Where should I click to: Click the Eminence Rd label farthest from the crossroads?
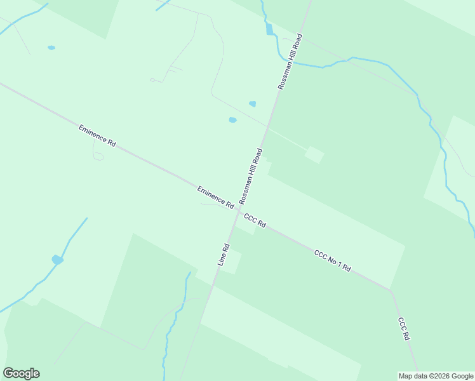click(97, 136)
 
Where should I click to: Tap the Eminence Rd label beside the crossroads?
click(215, 197)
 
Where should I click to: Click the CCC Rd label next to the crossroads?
click(255, 221)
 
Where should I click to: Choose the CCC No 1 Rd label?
click(332, 260)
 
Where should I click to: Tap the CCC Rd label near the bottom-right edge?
click(404, 330)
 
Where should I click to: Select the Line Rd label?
click(223, 254)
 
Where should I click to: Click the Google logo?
click(21, 373)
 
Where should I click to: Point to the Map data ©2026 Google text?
click(436, 376)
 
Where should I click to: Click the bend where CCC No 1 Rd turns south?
click(390, 290)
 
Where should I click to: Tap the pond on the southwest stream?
click(57, 260)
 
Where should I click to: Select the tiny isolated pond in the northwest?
click(51, 48)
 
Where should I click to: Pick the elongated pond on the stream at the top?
click(269, 29)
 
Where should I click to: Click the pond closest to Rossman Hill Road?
click(253, 104)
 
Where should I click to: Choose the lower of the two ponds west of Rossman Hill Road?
click(232, 119)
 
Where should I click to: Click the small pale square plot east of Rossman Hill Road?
click(314, 154)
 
